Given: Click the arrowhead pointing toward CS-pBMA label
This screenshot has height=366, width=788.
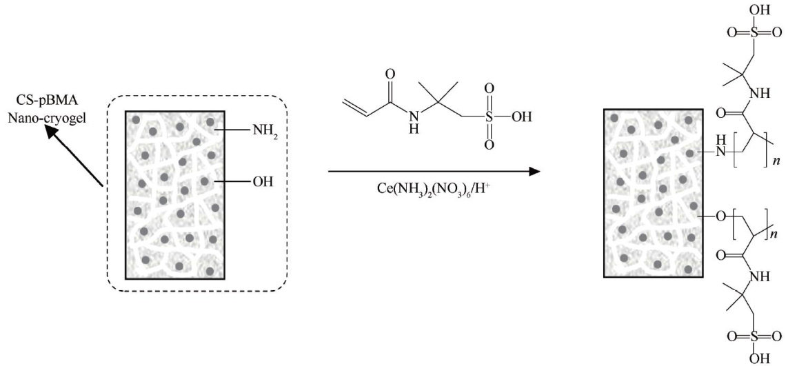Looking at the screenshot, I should click(50, 134).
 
